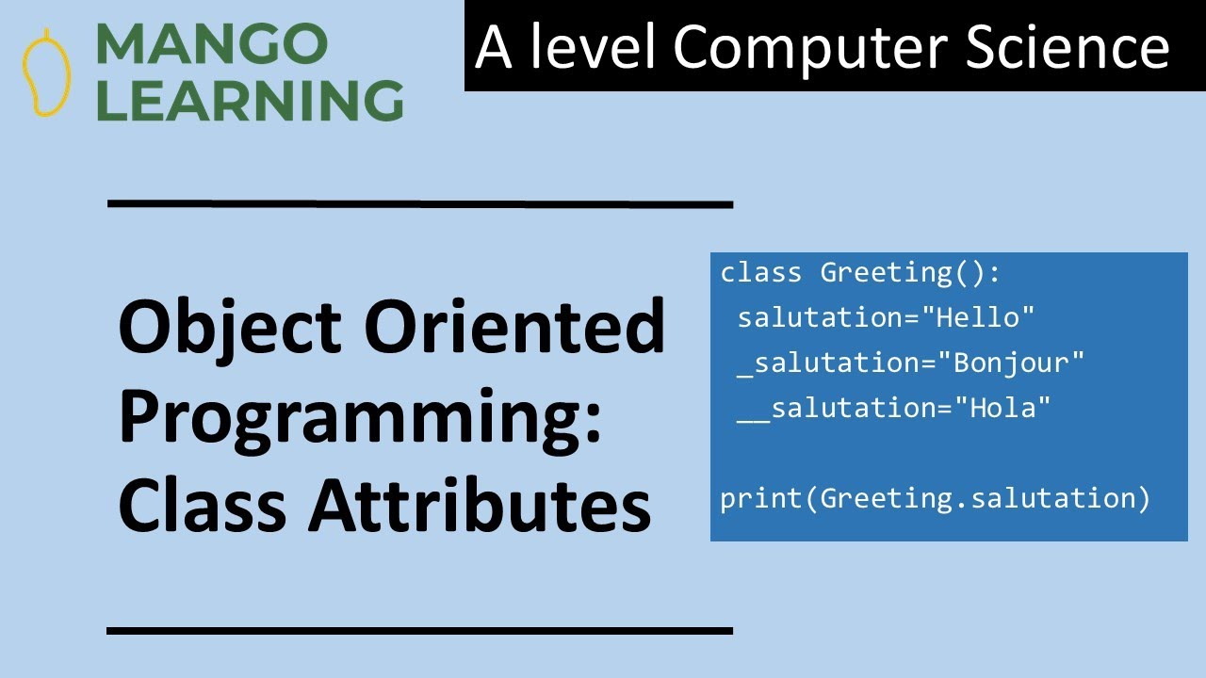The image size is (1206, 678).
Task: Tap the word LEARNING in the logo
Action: (250, 100)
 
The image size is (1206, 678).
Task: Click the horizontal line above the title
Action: (420, 202)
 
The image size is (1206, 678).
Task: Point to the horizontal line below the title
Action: (420, 630)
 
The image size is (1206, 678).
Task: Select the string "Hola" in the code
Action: (1002, 408)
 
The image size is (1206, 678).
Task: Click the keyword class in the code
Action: (761, 273)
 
